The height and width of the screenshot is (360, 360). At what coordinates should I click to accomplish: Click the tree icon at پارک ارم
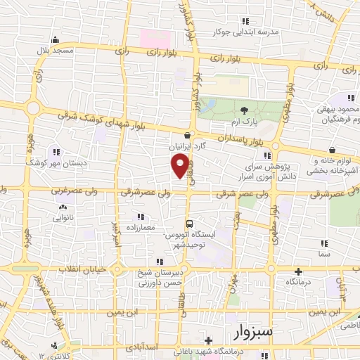coord(244,110)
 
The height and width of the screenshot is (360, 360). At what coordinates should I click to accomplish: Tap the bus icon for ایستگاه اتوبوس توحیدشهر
coord(179,224)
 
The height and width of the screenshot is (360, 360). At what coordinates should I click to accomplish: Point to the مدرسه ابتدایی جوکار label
coord(270,32)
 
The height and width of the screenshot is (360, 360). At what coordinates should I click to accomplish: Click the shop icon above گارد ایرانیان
coord(186,136)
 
